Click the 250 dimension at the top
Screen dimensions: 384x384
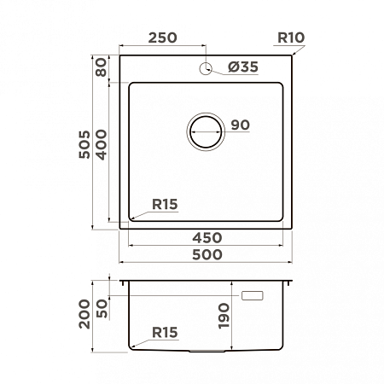point(162,38)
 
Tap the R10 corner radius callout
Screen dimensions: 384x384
point(291,38)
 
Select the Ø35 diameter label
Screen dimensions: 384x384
point(243,67)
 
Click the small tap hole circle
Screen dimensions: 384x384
point(206,68)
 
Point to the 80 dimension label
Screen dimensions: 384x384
point(102,67)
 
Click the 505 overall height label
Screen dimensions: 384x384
point(84,144)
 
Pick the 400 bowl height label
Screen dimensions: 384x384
point(102,144)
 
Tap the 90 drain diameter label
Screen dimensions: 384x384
point(241,125)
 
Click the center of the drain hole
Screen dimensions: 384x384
point(206,131)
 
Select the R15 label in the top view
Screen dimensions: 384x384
point(165,204)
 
